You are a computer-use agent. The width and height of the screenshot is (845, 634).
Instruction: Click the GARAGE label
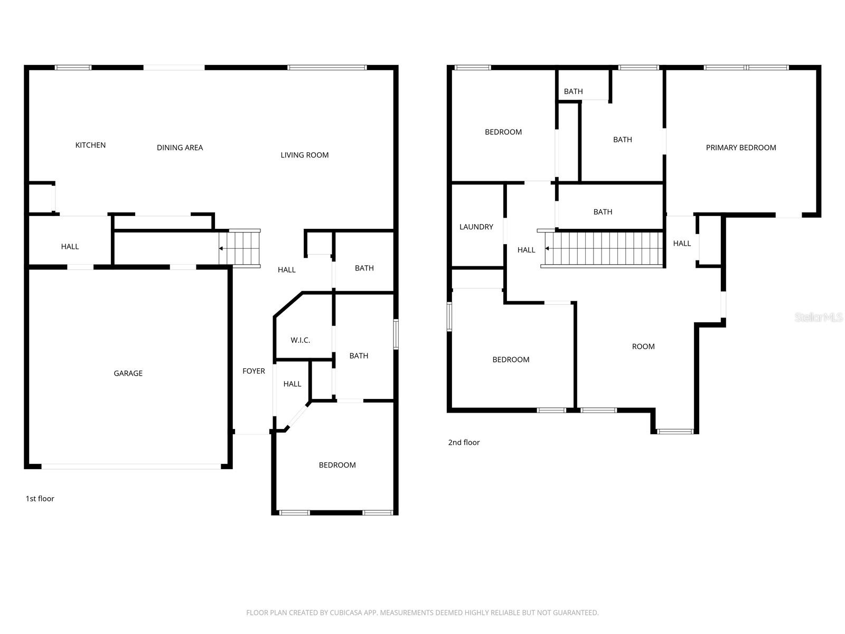[128, 374]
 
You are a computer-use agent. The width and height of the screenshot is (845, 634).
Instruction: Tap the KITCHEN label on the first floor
[90, 145]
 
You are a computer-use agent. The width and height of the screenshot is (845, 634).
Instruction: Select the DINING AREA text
[180, 148]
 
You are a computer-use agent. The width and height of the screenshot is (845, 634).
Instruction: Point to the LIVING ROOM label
[304, 155]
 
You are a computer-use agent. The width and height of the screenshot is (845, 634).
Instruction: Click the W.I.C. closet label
[300, 340]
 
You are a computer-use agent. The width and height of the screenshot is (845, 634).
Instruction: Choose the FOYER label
[253, 371]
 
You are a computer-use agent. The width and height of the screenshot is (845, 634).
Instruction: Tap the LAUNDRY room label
[476, 227]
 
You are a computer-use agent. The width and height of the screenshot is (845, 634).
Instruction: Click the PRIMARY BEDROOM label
[740, 148]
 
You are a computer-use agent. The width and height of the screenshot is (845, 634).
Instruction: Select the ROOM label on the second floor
[643, 347]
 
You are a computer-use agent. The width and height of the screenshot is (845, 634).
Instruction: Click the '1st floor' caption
[40, 499]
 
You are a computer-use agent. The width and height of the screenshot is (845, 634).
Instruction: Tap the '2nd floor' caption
[464, 443]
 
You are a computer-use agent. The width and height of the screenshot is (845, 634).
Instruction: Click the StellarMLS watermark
[819, 318]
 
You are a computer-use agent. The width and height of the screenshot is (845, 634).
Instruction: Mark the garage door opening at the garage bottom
[131, 467]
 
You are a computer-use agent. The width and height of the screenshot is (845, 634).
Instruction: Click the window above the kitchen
[73, 68]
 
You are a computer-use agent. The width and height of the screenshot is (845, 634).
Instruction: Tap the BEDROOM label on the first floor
[337, 465]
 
